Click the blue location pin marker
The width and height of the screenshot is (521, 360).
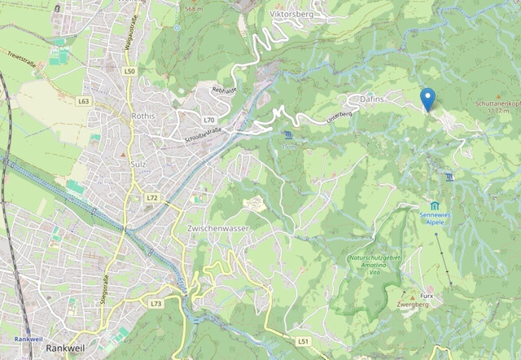click(x=427, y=99)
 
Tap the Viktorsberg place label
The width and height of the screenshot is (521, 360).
click(x=291, y=14)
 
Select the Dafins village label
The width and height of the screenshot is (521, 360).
click(x=371, y=99)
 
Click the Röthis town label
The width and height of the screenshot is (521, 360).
click(x=143, y=116)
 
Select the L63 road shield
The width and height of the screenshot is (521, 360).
click(x=84, y=102)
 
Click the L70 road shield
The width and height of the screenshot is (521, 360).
click(x=209, y=120)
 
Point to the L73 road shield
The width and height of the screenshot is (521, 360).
click(x=156, y=304)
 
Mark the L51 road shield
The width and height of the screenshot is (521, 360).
click(x=303, y=340)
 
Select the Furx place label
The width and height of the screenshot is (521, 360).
click(x=427, y=296)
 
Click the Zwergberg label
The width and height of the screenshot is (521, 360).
click(x=413, y=305)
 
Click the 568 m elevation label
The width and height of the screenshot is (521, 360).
click(x=194, y=9)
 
